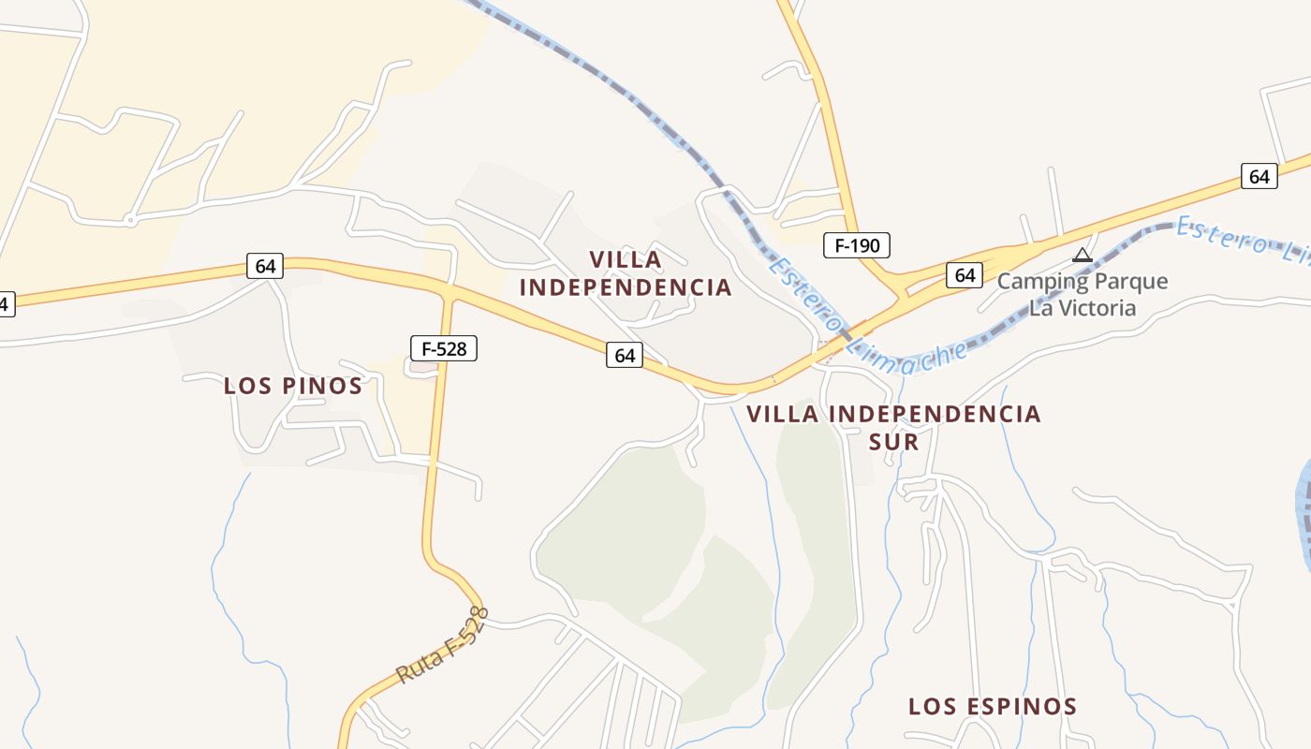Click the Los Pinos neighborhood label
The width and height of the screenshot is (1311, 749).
click(293, 386)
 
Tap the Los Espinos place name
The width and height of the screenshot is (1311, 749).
click(993, 707)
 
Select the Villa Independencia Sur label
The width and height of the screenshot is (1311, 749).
click(893, 427)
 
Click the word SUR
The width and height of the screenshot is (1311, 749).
click(893, 441)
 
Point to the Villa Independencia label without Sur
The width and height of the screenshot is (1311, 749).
click(626, 273)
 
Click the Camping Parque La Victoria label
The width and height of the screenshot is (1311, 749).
click(1083, 294)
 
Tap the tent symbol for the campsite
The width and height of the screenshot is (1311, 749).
click(1083, 255)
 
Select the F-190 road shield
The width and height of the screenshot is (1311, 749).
click(856, 246)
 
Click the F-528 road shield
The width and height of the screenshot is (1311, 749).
click(444, 349)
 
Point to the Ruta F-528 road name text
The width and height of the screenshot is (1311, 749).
click(443, 645)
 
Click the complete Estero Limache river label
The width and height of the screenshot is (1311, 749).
click(866, 311)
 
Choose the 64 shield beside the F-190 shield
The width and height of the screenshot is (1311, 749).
click(965, 275)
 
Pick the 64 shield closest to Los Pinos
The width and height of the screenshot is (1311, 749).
click(265, 266)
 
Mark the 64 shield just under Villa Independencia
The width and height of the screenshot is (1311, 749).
click(625, 356)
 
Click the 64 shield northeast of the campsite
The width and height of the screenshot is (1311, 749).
click(1259, 176)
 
